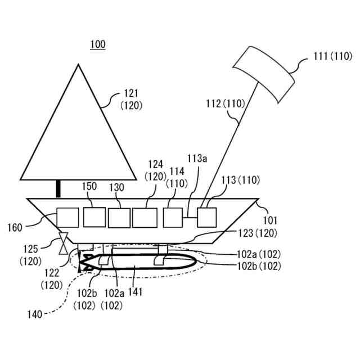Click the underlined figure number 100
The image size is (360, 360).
(97, 44)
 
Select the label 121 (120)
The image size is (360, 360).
(132, 99)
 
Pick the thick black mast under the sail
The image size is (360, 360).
(58, 188)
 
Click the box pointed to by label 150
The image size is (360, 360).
(94, 217)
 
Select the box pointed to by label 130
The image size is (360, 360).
(119, 218)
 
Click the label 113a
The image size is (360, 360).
(197, 159)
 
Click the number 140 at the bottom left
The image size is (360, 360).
(34, 315)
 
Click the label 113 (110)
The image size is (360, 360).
(241, 180)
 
